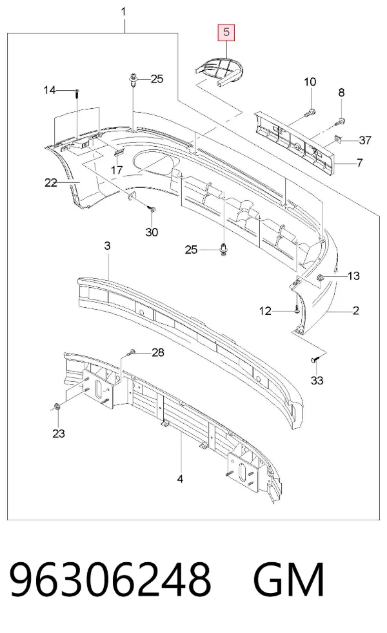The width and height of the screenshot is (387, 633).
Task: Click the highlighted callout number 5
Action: tap(226, 32)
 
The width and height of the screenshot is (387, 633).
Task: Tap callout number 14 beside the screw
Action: tap(49, 90)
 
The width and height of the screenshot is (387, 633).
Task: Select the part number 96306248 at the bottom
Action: tap(110, 580)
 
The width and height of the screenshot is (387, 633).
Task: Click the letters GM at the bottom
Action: tap(289, 580)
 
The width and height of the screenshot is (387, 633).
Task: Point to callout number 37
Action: tap(365, 140)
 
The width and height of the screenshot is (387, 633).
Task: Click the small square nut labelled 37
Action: tap(338, 140)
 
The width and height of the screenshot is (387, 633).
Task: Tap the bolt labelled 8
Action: tap(339, 120)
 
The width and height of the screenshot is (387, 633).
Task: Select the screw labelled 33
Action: tap(315, 359)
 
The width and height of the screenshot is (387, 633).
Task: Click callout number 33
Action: tap(317, 381)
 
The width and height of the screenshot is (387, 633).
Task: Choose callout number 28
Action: tap(158, 352)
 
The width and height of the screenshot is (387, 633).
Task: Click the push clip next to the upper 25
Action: tap(134, 79)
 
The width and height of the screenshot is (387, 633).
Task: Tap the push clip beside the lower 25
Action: tap(223, 249)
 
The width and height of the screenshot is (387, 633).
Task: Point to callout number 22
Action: tap(50, 183)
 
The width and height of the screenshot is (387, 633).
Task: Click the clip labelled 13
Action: tap(321, 277)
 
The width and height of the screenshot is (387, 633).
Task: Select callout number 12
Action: tap(265, 311)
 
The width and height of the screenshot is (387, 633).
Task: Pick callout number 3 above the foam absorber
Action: tap(107, 245)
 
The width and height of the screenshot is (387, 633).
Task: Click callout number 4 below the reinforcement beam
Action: tap(181, 479)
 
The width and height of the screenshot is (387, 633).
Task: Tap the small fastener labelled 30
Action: tap(152, 209)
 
